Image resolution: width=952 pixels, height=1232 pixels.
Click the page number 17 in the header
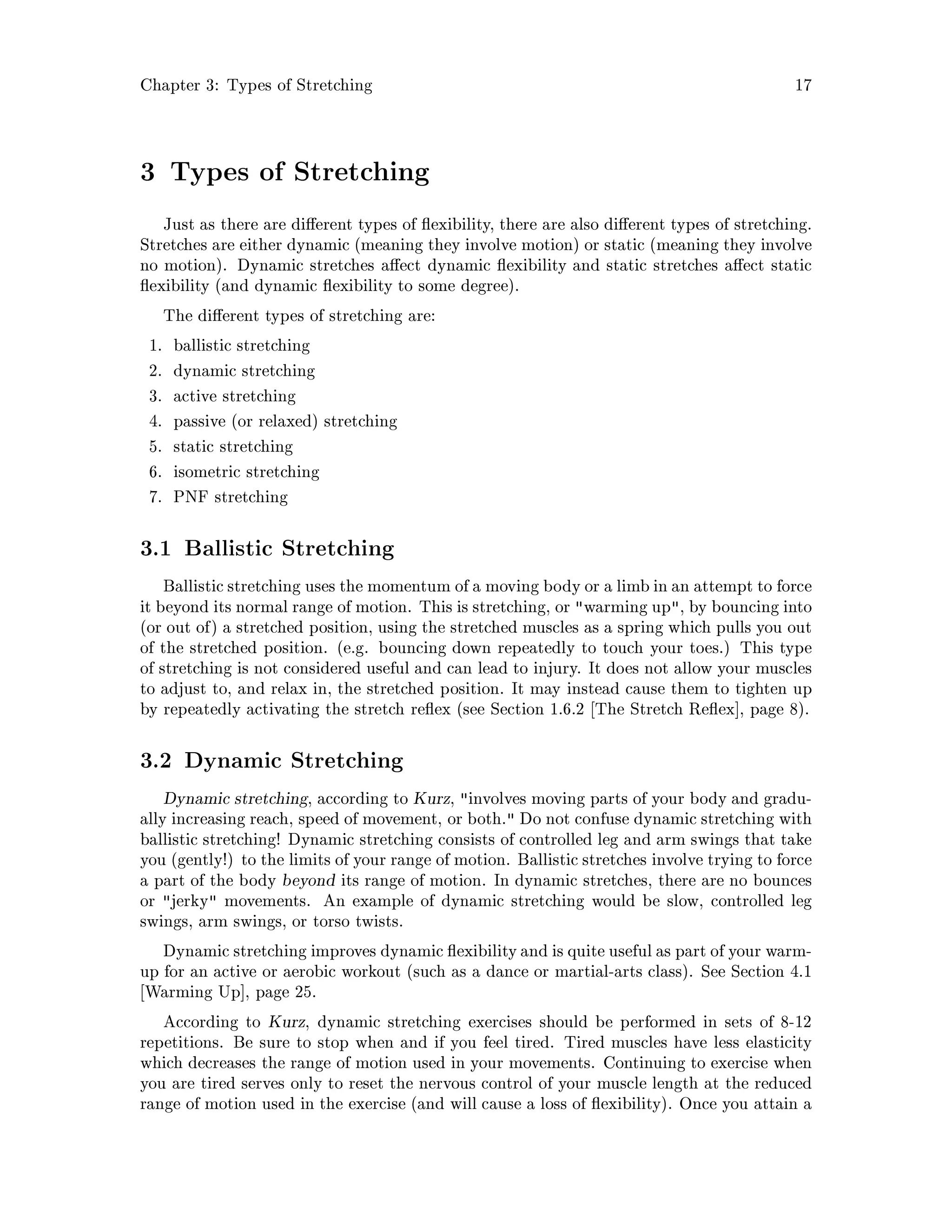802,86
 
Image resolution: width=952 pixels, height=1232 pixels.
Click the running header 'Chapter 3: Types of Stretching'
256,86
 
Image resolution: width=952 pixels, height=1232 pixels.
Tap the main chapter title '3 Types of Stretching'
285,172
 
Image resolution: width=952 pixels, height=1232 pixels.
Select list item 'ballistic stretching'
241,345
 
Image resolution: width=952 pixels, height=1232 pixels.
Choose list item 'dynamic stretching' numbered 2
244,371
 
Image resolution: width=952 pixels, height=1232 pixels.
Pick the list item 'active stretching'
234,396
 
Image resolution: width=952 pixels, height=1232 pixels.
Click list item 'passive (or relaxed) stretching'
285,421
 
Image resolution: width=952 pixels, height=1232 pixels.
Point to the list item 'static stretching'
233,447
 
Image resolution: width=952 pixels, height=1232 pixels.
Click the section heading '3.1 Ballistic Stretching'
267,548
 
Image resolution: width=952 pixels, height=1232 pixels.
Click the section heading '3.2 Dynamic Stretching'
271,761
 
